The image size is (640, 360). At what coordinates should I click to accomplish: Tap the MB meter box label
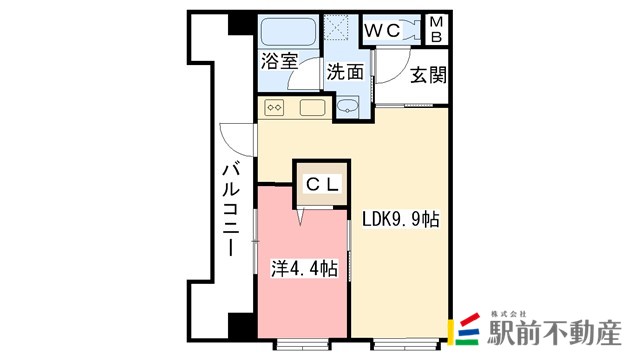pos(436,29)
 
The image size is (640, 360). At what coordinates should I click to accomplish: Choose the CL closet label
pos(322,183)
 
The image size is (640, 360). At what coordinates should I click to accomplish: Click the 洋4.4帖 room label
pos(304,268)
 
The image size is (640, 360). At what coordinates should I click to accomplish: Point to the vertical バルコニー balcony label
pos(229,209)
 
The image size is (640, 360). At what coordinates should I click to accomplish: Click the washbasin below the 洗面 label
pos(346,106)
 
